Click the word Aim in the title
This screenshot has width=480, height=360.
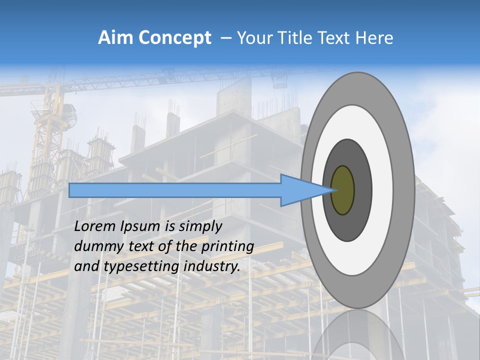(x=114, y=37)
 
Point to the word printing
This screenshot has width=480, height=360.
(x=227, y=247)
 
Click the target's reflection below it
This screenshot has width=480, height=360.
(x=358, y=335)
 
